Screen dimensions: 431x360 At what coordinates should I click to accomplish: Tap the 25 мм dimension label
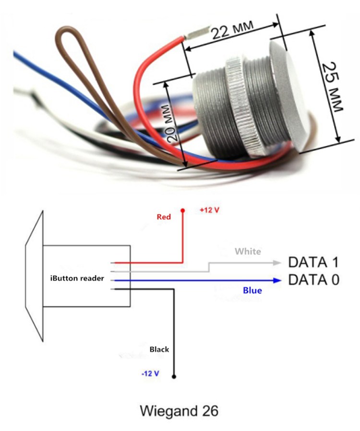click(x=331, y=86)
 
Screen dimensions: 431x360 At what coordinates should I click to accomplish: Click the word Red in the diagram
click(x=164, y=217)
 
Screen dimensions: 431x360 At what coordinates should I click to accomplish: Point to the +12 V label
click(x=209, y=211)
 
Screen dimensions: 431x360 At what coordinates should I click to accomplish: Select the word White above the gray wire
click(x=248, y=251)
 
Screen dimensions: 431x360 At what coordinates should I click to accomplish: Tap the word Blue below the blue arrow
click(x=252, y=290)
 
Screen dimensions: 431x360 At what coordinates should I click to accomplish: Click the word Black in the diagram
click(x=159, y=349)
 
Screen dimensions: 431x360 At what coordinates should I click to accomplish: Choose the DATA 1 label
click(x=313, y=263)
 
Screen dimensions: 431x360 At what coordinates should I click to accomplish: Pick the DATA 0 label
click(x=313, y=280)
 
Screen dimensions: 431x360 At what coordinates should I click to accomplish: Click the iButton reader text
click(x=77, y=278)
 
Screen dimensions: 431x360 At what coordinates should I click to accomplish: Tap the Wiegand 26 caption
click(x=180, y=411)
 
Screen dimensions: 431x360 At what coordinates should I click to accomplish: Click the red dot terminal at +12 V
click(x=183, y=210)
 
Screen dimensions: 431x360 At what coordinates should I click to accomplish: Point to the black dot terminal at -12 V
click(x=174, y=377)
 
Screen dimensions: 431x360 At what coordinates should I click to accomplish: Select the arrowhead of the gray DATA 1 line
click(x=276, y=263)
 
